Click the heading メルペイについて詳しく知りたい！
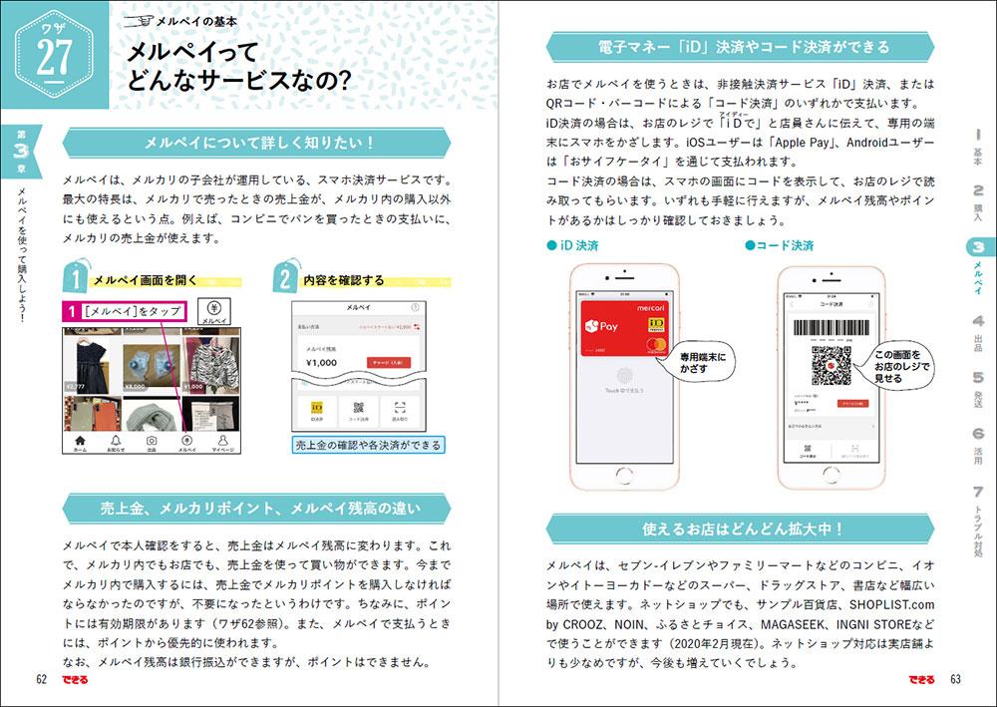tap(258, 142)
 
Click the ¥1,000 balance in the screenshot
tap(321, 363)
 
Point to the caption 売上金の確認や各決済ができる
tap(368, 445)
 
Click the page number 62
tap(42, 680)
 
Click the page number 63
tap(954, 680)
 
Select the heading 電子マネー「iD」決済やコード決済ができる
tap(744, 47)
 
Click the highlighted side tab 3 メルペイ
tap(978, 265)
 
